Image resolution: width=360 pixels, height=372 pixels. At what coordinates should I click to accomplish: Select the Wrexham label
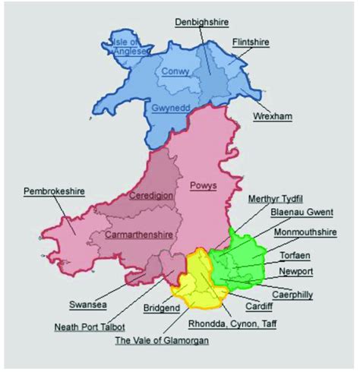pos(273,116)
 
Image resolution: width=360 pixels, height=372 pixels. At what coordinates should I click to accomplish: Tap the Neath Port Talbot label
pos(91,327)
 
